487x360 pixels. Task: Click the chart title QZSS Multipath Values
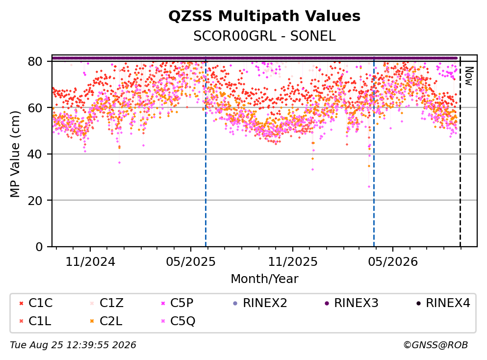click(x=264, y=16)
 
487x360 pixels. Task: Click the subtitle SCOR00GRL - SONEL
click(x=264, y=36)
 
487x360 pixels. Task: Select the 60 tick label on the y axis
click(x=35, y=108)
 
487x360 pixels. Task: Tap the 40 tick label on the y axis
click(x=35, y=154)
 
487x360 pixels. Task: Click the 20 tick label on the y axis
click(x=35, y=200)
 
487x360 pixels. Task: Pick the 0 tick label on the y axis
click(x=39, y=247)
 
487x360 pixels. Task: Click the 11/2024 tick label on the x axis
click(x=90, y=262)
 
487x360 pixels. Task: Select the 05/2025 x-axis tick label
click(x=191, y=262)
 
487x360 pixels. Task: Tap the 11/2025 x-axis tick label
click(x=293, y=262)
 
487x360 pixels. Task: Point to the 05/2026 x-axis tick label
click(x=393, y=262)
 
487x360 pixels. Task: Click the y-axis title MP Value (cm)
click(x=15, y=154)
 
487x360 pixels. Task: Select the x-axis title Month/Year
click(x=264, y=279)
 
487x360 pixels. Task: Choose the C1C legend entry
click(x=36, y=303)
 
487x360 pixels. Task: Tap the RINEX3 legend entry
click(x=352, y=303)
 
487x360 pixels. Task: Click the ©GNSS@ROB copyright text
click(x=436, y=345)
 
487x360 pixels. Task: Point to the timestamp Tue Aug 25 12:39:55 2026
click(x=73, y=345)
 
